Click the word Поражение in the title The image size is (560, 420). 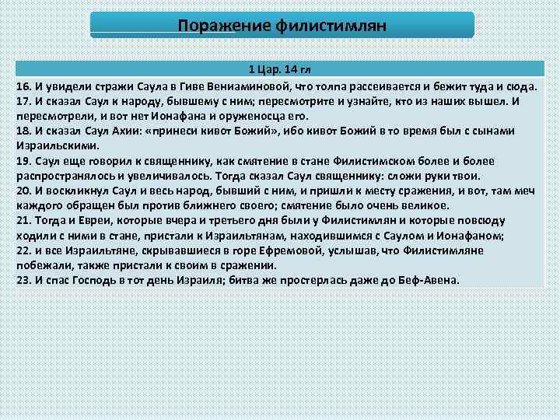coord(223,26)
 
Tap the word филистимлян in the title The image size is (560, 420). coord(330,26)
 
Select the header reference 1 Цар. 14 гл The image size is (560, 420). coord(280,68)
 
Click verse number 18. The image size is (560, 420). coord(23,131)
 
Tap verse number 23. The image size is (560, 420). coord(23,279)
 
